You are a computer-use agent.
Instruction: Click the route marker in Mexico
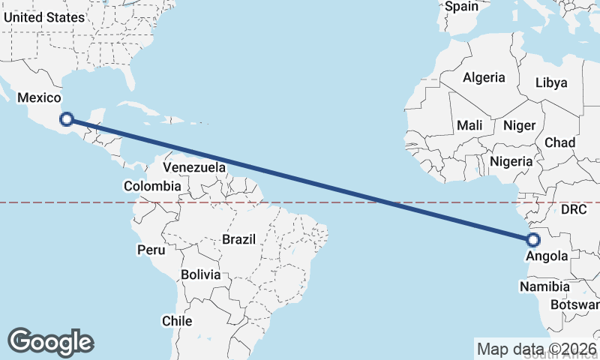point(67,118)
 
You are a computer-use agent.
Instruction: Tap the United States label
point(43,17)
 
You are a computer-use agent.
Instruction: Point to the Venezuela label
point(194,167)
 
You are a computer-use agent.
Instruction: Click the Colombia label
point(152,186)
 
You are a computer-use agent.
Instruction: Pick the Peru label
point(150,249)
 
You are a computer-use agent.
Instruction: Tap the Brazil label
point(238,240)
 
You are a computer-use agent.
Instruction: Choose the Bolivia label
point(200,274)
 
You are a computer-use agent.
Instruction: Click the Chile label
point(177,321)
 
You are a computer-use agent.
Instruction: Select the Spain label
point(461,7)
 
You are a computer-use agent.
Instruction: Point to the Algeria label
point(484,77)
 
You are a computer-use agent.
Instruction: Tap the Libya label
point(551,82)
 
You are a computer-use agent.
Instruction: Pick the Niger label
point(517,125)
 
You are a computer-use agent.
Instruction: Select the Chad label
point(559,142)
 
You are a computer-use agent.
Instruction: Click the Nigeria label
point(511,161)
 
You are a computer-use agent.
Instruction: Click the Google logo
point(50,342)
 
